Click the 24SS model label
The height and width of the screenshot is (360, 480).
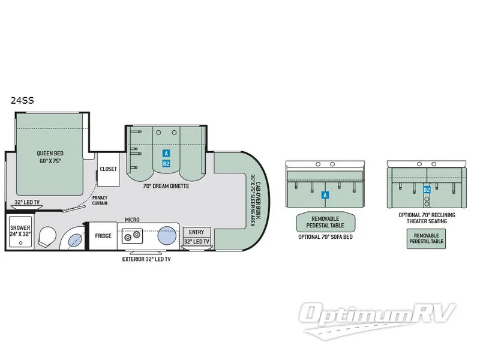pos(22,101)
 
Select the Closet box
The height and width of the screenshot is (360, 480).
pos(109,169)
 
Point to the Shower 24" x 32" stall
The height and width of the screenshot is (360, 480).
pos(20,232)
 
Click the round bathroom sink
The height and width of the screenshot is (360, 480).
pos(74,241)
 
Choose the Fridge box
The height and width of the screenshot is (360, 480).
pos(103,236)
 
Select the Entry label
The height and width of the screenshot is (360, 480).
pos(196,232)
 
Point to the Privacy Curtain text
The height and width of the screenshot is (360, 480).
pos(100,200)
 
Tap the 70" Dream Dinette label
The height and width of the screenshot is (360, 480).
pos(166,186)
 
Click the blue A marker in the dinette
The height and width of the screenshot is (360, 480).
pos(166,153)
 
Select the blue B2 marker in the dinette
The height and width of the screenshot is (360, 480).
pos(166,164)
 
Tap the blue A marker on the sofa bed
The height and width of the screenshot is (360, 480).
pos(325,194)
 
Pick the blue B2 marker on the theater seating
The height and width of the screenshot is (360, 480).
pos(427,190)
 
